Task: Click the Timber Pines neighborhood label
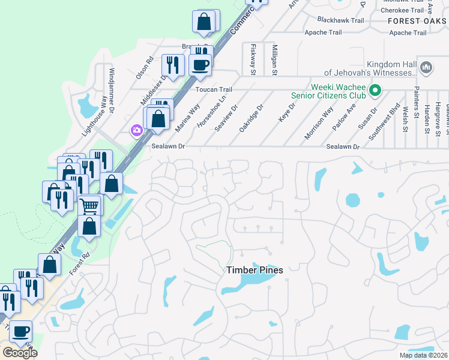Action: click(255, 270)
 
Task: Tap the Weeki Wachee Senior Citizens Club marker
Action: click(376, 91)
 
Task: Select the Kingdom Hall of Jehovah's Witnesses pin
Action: click(426, 68)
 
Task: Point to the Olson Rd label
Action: click(145, 67)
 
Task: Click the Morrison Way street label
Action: click(319, 123)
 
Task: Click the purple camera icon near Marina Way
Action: click(136, 130)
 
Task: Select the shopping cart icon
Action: click(89, 206)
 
